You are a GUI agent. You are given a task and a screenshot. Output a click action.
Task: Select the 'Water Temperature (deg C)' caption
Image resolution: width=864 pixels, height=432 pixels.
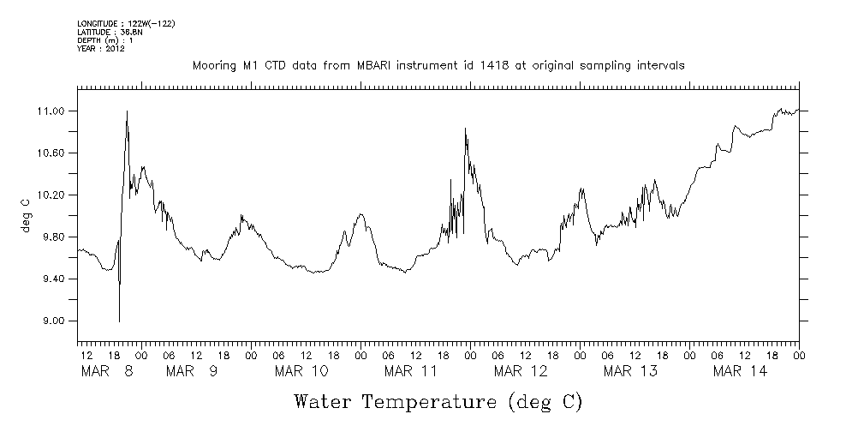click(x=438, y=402)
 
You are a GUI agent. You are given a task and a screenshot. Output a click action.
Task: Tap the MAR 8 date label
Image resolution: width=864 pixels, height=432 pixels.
click(x=107, y=371)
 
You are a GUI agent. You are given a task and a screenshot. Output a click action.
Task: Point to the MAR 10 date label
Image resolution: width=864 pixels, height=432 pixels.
click(x=301, y=371)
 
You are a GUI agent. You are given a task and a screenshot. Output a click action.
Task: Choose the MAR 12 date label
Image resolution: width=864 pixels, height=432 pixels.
click(x=521, y=371)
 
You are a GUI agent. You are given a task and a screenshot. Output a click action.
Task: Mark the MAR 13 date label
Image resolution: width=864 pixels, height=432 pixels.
click(x=630, y=371)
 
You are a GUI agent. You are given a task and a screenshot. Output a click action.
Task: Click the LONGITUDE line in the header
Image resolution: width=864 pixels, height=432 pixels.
click(x=126, y=24)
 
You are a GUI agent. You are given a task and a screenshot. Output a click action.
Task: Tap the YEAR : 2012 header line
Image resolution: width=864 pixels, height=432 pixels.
click(x=101, y=49)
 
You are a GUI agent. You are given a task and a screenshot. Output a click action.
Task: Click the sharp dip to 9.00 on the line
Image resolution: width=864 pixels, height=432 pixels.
click(x=119, y=321)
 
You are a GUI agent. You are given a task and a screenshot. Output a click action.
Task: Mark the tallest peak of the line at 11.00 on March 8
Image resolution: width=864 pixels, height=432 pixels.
click(x=127, y=111)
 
